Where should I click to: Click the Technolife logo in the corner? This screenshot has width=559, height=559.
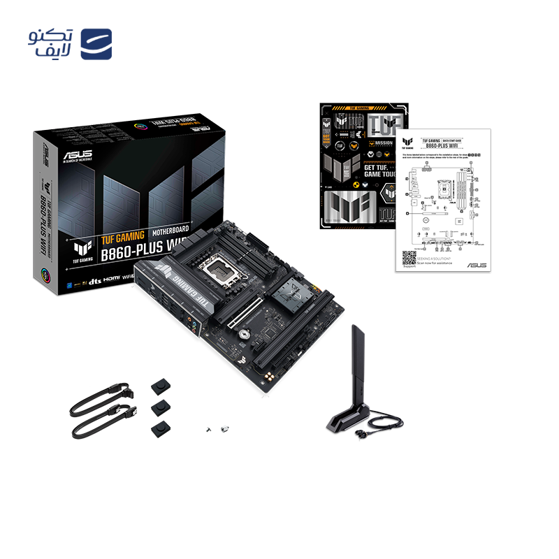pos(70,43)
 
